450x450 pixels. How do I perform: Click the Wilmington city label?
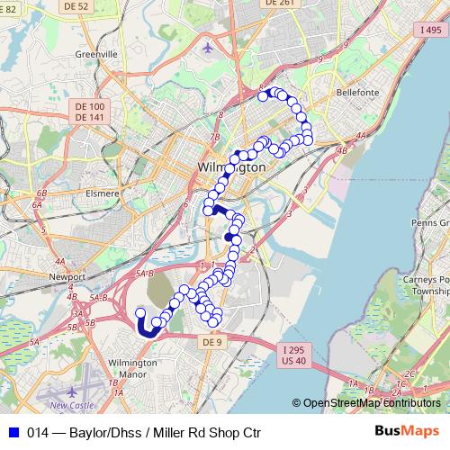pos(231,167)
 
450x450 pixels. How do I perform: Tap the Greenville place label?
pos(99,54)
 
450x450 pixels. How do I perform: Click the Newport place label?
pos(67,277)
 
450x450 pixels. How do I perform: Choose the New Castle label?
pos(70,405)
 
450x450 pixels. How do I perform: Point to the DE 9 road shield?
pos(211,343)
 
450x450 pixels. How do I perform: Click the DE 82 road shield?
pos(7,6)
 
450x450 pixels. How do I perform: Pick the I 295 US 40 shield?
pos(293,355)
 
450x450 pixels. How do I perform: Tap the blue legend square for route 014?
pos(14,432)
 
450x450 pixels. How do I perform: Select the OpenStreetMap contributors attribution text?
pos(371,403)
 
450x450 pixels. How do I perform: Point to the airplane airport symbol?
pos(210,48)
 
